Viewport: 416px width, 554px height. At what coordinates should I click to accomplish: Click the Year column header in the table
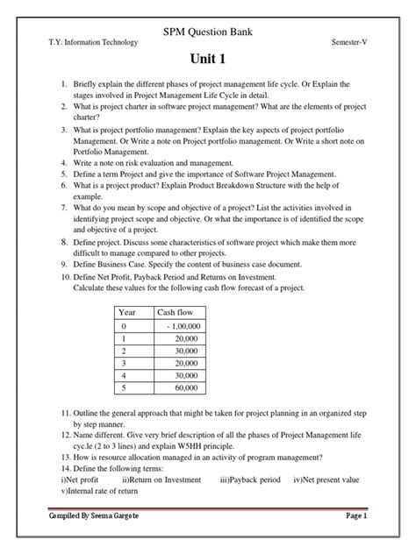coord(129,312)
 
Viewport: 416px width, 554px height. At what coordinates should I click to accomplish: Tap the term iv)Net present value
coord(326,479)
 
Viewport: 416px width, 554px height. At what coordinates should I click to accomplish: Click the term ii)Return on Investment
coord(162,479)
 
